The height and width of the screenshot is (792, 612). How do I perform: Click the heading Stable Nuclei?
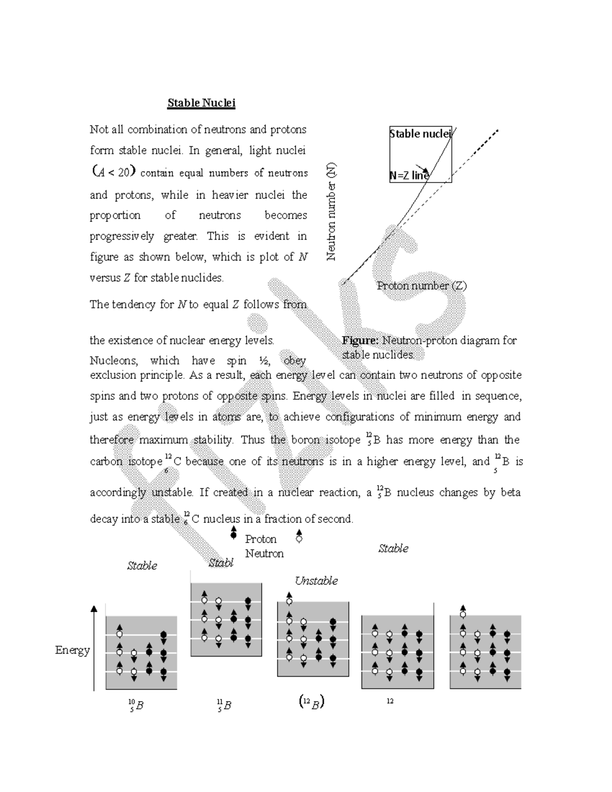click(201, 103)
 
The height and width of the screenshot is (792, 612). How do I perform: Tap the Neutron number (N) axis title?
click(332, 212)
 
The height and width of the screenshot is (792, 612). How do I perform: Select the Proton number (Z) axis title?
click(421, 286)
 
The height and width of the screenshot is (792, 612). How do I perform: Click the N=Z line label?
click(410, 175)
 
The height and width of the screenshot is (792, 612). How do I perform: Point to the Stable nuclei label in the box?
click(420, 134)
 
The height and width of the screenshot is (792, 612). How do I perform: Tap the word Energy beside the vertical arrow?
click(72, 650)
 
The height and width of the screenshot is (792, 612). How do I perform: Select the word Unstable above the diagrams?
click(316, 581)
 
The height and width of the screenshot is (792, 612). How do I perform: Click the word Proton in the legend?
click(261, 539)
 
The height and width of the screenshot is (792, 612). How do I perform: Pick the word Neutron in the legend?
click(264, 553)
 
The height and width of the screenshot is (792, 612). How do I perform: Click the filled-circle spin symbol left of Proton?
click(234, 533)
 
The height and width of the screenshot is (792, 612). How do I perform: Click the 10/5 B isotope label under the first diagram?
click(136, 706)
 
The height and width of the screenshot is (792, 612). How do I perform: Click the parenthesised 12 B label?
click(311, 703)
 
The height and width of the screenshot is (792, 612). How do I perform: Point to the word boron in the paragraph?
click(306, 440)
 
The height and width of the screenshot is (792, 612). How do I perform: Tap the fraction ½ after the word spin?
click(264, 361)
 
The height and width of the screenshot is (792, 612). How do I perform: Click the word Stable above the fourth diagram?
click(393, 549)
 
